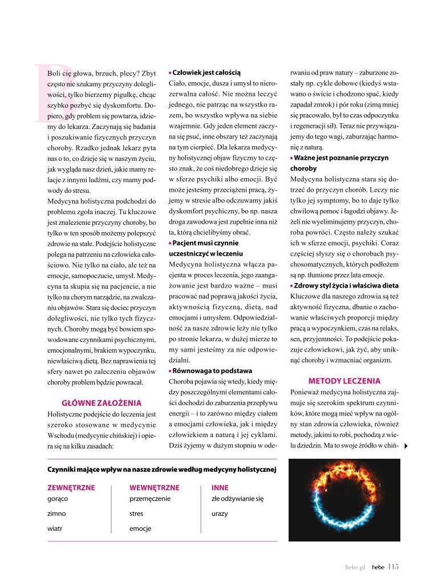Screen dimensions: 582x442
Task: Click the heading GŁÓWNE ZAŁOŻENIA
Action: click(102, 402)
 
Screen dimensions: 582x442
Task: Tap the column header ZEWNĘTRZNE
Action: click(71, 488)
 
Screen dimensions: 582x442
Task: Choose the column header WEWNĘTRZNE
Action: click(155, 488)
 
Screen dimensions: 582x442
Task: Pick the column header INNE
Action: click(220, 488)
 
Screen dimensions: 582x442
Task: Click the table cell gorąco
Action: click(58, 498)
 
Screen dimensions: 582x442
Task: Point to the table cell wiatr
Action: click(55, 528)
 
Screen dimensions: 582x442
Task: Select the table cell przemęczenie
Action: click(150, 498)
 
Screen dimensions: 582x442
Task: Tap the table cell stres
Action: click(136, 514)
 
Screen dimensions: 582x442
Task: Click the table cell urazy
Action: click(220, 514)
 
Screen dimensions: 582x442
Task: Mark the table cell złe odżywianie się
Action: click(237, 498)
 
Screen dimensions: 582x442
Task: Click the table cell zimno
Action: click(56, 514)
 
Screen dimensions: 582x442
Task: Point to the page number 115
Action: click(392, 567)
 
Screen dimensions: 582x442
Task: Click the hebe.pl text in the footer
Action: click(355, 567)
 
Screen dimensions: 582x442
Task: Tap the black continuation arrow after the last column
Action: click(405, 446)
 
